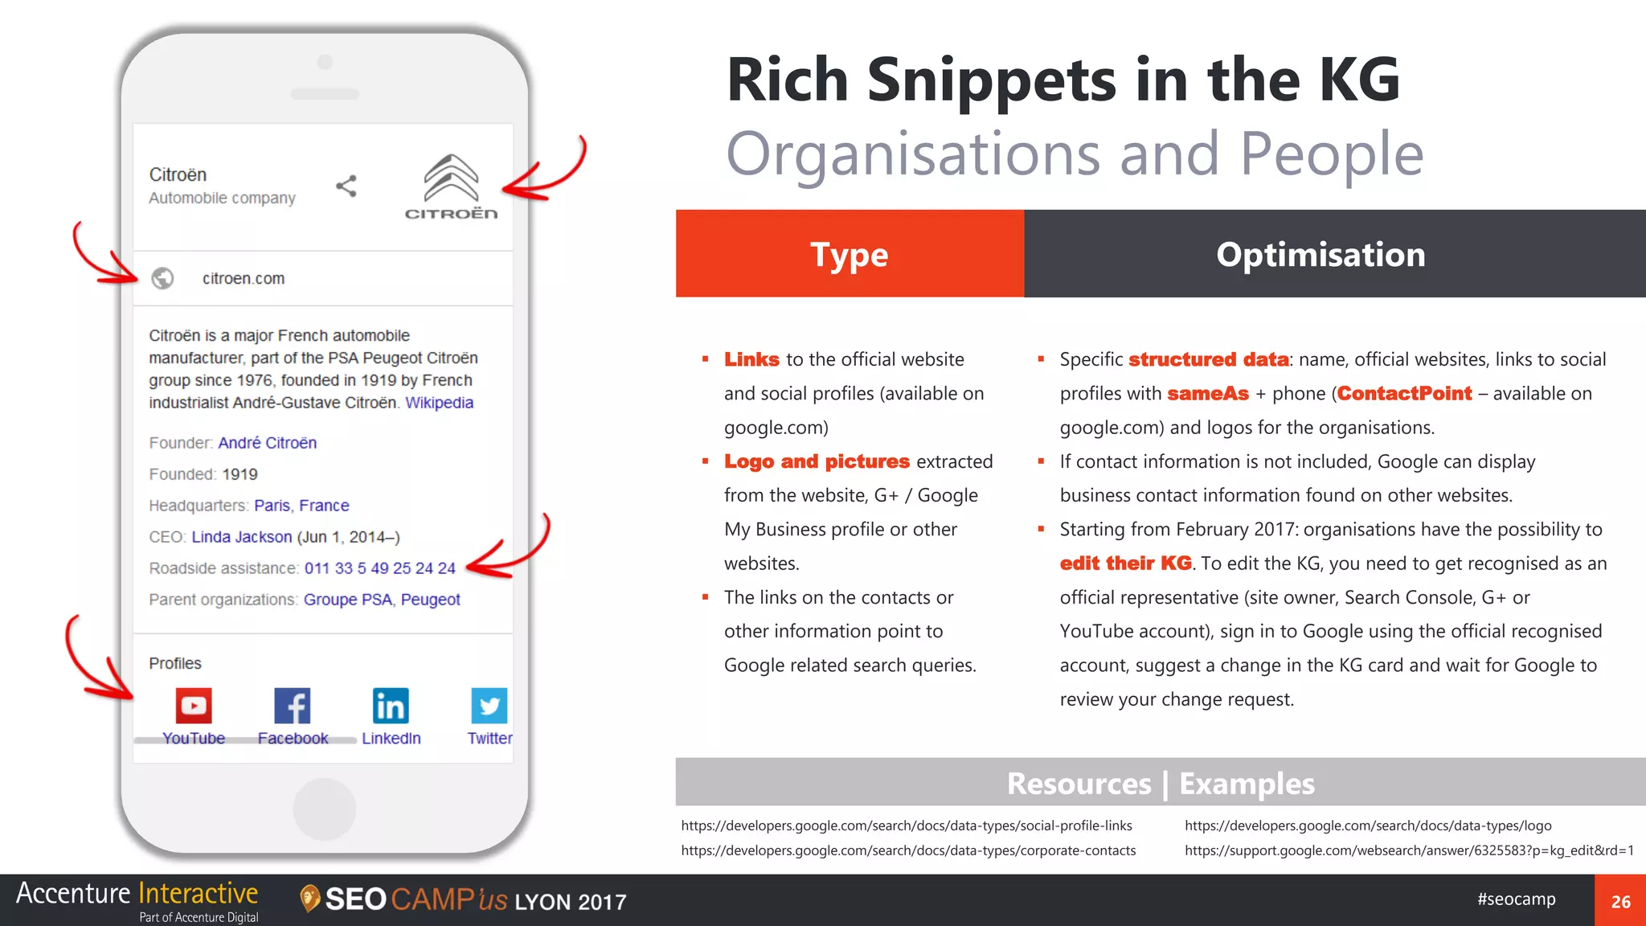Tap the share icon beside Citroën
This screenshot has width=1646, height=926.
[346, 186]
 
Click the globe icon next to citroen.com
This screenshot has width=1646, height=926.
[162, 278]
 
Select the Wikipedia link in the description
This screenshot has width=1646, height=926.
[439, 403]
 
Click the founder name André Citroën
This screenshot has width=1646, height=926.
[267, 443]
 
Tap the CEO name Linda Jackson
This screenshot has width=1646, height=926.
[241, 537]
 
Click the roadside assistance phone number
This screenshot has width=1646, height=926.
[379, 568]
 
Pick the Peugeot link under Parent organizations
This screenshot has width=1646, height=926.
[430, 600]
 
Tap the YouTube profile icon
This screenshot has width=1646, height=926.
[194, 706]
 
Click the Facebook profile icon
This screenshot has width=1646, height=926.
[293, 706]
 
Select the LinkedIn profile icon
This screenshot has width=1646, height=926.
[391, 706]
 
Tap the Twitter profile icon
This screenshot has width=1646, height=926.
[489, 706]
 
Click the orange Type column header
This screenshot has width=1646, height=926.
[850, 254]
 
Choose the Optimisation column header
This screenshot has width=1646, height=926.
[1320, 254]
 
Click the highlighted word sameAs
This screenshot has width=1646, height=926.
[1207, 394]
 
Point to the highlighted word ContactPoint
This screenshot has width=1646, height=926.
[1404, 394]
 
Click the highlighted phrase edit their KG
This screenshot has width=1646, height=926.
[1125, 563]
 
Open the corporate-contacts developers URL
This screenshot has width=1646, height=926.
[908, 850]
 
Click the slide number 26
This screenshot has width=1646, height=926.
[1620, 902]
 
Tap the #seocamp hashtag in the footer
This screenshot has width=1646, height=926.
[1516, 899]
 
